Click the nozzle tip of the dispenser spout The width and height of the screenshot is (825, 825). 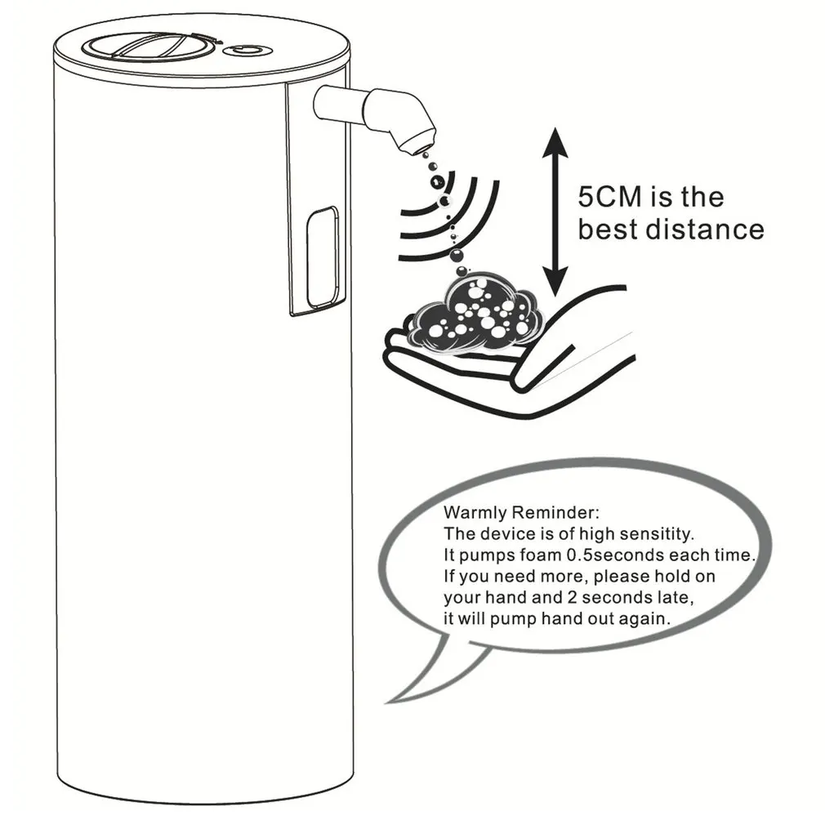click(416, 142)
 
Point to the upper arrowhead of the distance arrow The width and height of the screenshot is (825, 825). click(556, 138)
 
